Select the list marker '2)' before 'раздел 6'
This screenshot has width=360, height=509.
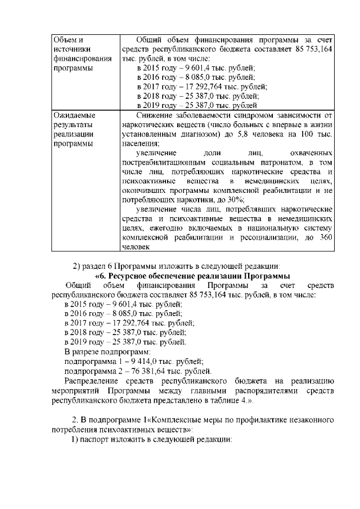pos(78,266)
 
